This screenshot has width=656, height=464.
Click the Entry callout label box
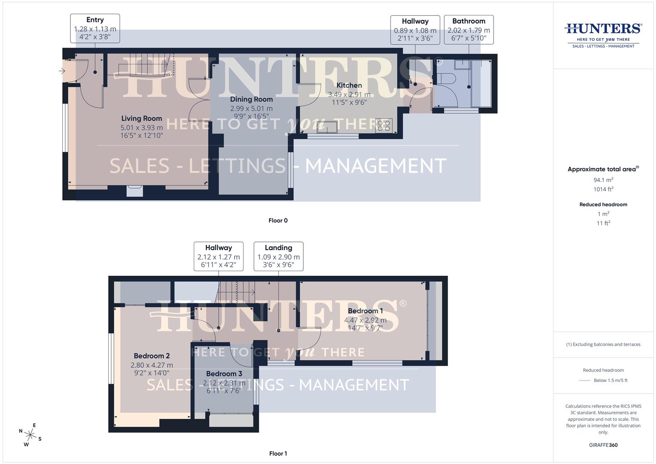click(x=95, y=28)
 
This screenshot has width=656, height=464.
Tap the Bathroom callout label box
click(x=468, y=30)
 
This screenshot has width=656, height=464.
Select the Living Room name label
click(x=141, y=119)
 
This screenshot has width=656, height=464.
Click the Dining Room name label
click(x=251, y=99)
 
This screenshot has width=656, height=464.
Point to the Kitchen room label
click(x=349, y=85)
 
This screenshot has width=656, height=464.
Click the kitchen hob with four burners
click(x=383, y=125)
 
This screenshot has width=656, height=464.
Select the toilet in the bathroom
click(x=447, y=79)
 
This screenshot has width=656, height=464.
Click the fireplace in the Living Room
click(x=134, y=190)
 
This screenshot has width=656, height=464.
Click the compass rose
click(x=30, y=435)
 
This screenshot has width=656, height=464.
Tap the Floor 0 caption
click(x=278, y=220)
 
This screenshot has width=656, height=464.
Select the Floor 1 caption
click(x=278, y=453)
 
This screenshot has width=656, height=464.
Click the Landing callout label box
click(x=278, y=256)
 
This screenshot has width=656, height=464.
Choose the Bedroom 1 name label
click(x=365, y=311)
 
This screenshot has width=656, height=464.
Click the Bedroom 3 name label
click(x=224, y=374)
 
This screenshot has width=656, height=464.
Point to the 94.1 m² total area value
click(x=603, y=180)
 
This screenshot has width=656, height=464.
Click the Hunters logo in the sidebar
click(x=603, y=34)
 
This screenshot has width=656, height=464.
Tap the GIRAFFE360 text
click(x=603, y=445)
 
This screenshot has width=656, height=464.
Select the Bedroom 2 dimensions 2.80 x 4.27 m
click(x=152, y=365)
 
